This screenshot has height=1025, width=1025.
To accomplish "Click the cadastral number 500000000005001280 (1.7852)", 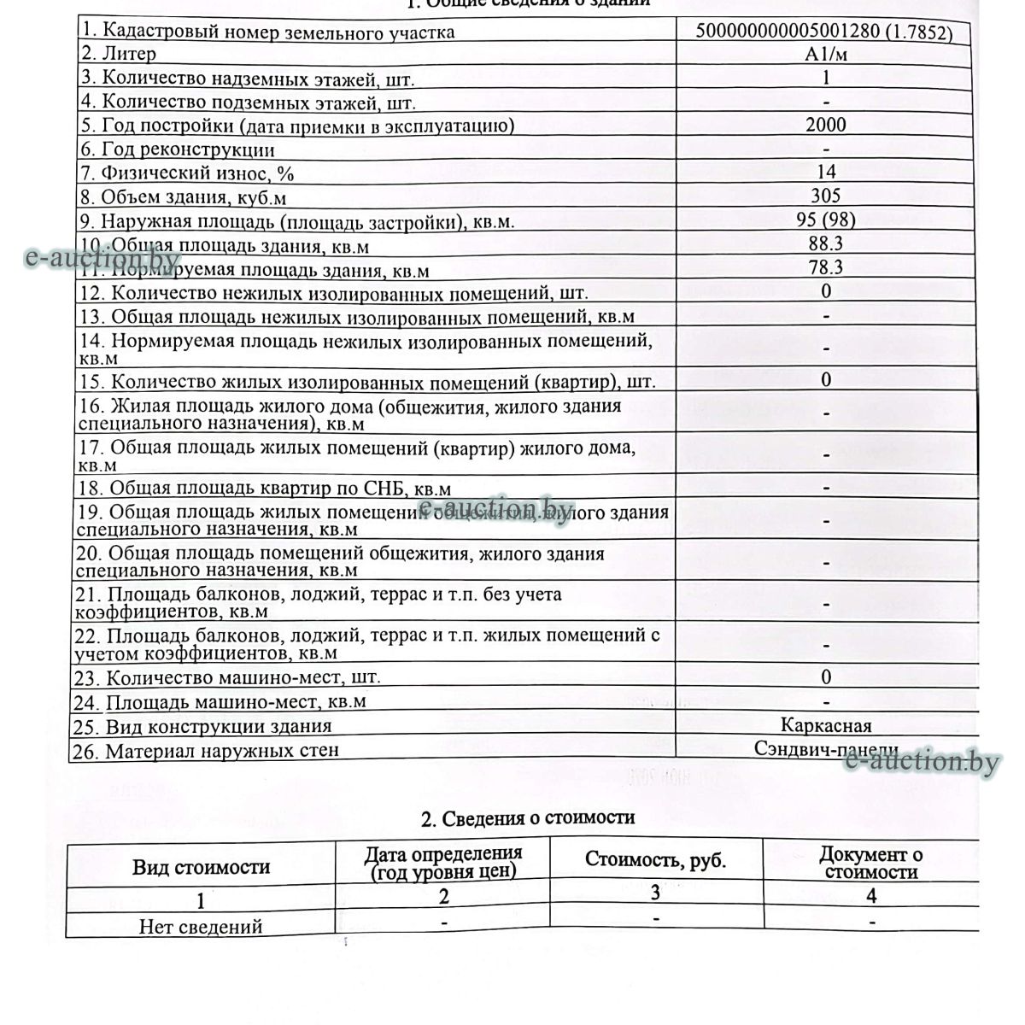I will [835, 32].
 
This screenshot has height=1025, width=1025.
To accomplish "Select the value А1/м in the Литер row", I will [826, 55].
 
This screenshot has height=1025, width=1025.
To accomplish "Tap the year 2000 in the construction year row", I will [826, 125].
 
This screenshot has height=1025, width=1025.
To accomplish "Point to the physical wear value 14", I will [826, 173].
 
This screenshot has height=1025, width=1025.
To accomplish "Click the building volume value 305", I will [826, 196].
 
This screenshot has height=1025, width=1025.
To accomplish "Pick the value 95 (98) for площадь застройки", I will [826, 220].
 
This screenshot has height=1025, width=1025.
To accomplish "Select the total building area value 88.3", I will [826, 243].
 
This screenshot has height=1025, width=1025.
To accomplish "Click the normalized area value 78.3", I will [826, 267].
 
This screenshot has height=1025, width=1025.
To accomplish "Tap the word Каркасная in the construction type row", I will [826, 726].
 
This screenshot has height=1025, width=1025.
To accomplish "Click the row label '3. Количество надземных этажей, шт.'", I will [248, 79].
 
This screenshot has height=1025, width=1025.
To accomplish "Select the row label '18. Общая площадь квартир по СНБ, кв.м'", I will [264, 489].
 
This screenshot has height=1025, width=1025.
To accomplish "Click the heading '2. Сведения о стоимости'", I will [528, 818].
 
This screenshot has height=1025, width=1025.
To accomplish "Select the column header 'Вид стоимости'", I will [201, 868].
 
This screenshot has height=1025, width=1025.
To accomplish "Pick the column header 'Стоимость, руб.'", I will [655, 860].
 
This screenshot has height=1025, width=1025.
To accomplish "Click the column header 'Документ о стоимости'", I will [870, 863].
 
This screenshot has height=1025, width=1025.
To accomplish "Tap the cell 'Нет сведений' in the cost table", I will [201, 927].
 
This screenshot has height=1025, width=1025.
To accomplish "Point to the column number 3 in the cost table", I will [655, 893].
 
